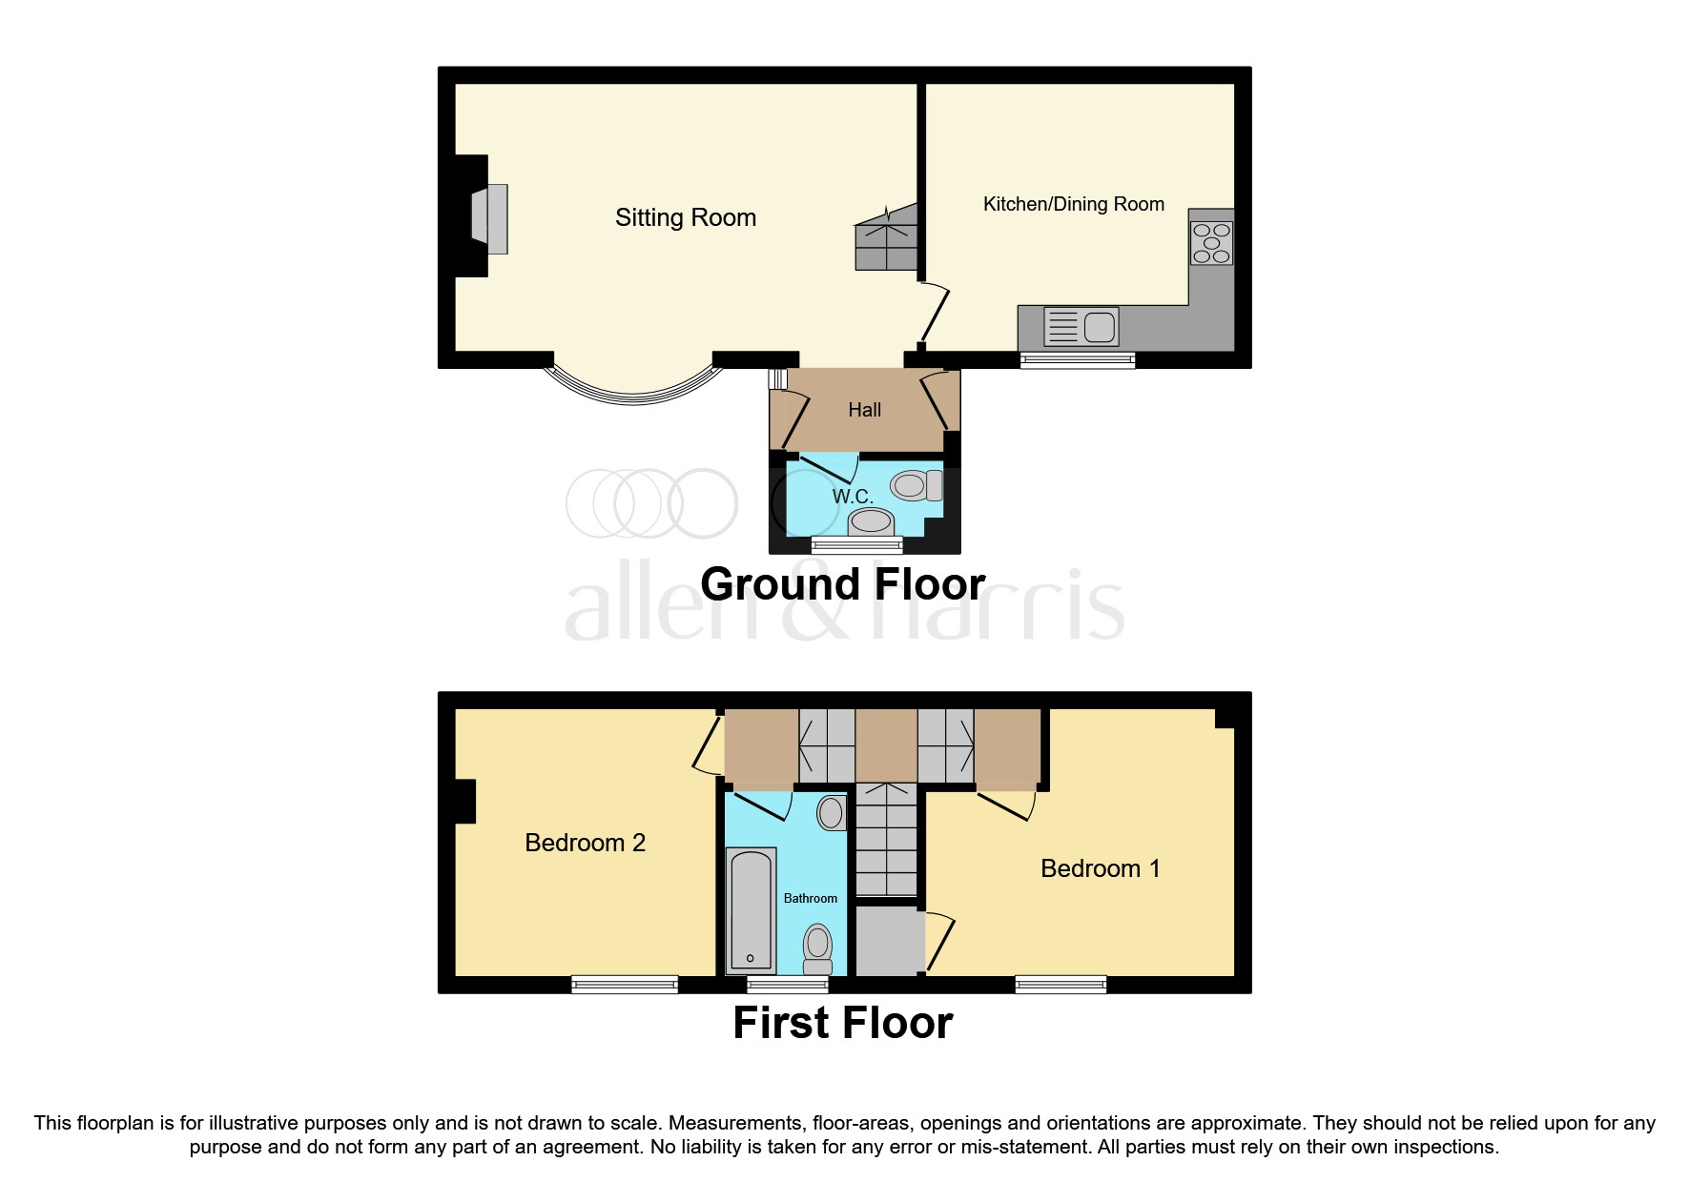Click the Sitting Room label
(x=685, y=218)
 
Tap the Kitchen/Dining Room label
(x=1073, y=204)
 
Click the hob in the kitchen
(x=1211, y=243)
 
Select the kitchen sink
(x=1081, y=327)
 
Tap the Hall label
(x=864, y=410)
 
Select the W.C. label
(x=852, y=497)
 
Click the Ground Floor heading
(x=842, y=584)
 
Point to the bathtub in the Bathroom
(x=752, y=908)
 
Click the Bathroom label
(x=810, y=898)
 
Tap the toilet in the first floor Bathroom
(x=817, y=947)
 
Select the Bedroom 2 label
(x=585, y=843)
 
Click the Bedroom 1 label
(x=1100, y=868)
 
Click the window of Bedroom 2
(x=625, y=984)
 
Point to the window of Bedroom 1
(x=1061, y=984)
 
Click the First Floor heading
(x=842, y=1023)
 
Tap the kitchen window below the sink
(x=1078, y=359)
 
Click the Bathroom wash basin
(x=831, y=813)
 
